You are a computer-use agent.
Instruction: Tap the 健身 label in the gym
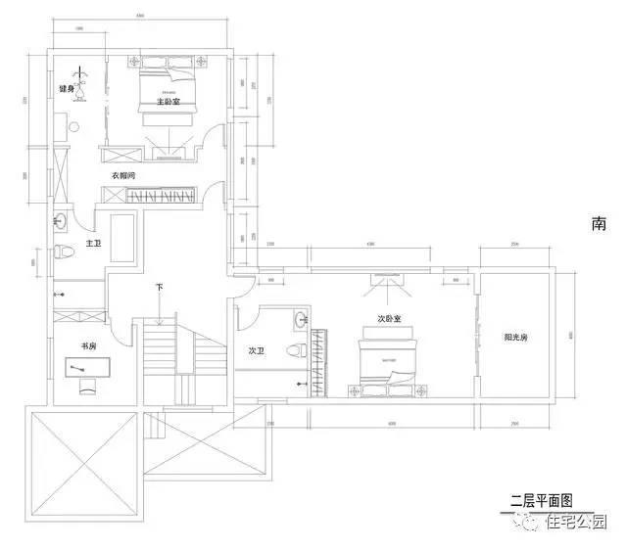(66, 89)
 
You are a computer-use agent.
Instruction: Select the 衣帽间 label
(122, 176)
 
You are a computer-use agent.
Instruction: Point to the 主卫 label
(93, 243)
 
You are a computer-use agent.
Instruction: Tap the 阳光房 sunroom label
(516, 337)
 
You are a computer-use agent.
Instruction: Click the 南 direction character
(599, 223)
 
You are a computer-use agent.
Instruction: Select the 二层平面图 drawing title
(540, 500)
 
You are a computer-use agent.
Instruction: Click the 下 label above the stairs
(159, 288)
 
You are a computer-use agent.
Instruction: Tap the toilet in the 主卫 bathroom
(64, 251)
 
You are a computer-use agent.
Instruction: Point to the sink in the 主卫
(61, 218)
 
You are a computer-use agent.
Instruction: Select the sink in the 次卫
(300, 319)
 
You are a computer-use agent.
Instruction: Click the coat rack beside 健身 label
(83, 86)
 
